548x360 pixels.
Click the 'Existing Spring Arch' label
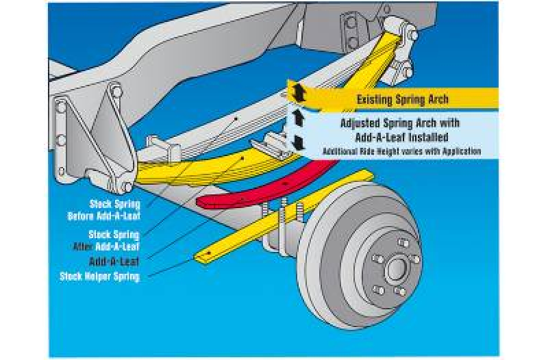pyautogui.click(x=402, y=100)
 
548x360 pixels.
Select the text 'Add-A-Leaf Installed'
pyautogui.click(x=400, y=137)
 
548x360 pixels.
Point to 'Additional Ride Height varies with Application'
pyautogui.click(x=402, y=151)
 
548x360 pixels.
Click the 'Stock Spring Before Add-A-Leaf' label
pyautogui.click(x=114, y=209)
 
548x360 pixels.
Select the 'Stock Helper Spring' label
pyautogui.click(x=100, y=277)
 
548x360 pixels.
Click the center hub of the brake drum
pyautogui.click(x=395, y=269)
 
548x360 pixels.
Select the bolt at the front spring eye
pyautogui.click(x=127, y=185)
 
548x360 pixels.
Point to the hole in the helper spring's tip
pyautogui.click(x=203, y=256)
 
